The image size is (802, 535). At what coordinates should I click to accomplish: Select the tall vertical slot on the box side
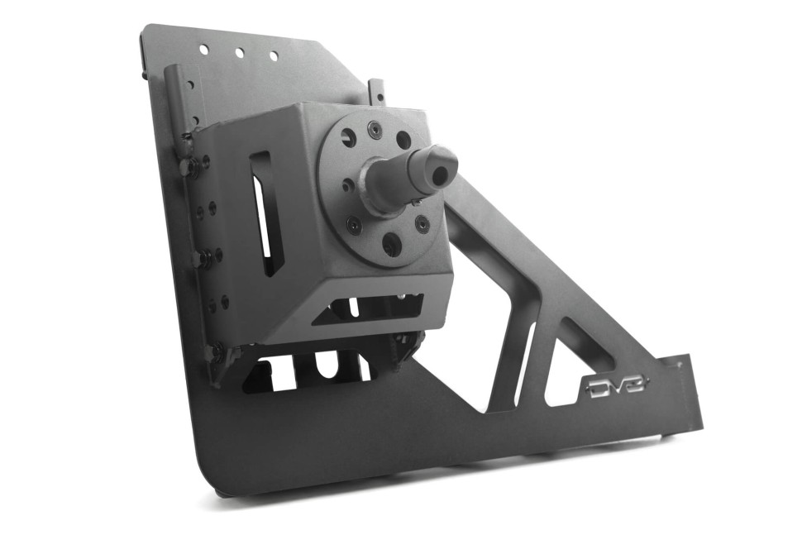click(x=264, y=213)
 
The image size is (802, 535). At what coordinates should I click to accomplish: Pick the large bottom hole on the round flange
click(x=392, y=244)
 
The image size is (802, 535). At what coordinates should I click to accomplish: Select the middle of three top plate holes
click(x=239, y=53)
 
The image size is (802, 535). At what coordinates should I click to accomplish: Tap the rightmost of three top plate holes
click(x=274, y=55)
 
